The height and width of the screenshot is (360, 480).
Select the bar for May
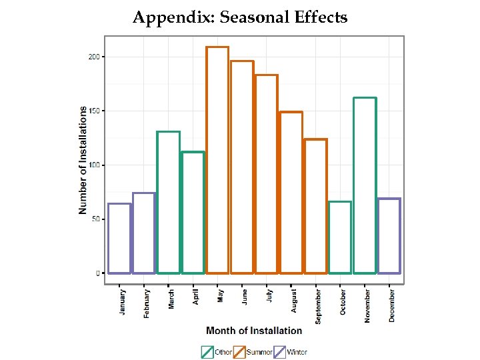click(217, 160)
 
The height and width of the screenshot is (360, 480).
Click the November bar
click(365, 185)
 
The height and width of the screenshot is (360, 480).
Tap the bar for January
click(119, 238)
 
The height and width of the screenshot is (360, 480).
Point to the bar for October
click(340, 237)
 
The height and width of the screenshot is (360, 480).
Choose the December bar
click(389, 236)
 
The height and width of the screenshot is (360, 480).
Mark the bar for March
click(169, 202)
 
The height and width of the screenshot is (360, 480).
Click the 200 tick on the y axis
click(94, 57)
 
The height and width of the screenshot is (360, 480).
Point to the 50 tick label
click(96, 219)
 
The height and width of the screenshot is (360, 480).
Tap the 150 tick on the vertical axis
click(94, 111)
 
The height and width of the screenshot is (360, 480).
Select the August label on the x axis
click(293, 301)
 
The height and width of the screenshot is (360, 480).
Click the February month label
click(147, 303)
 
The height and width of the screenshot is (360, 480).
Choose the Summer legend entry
click(253, 352)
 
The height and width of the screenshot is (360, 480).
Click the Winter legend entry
click(291, 352)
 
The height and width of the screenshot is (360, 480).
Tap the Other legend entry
click(217, 352)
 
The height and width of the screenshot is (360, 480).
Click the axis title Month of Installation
click(254, 331)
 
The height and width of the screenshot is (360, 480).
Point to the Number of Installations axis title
click(83, 161)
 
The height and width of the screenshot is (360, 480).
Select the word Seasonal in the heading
click(258, 17)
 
